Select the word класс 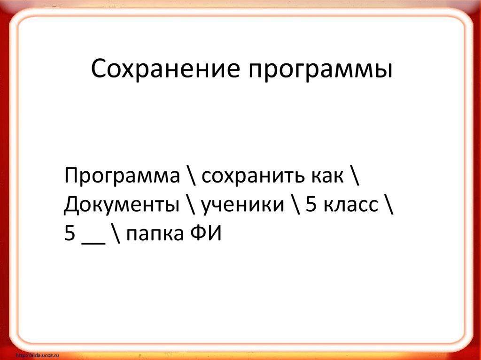click(349, 205)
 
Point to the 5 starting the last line click(71, 234)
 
